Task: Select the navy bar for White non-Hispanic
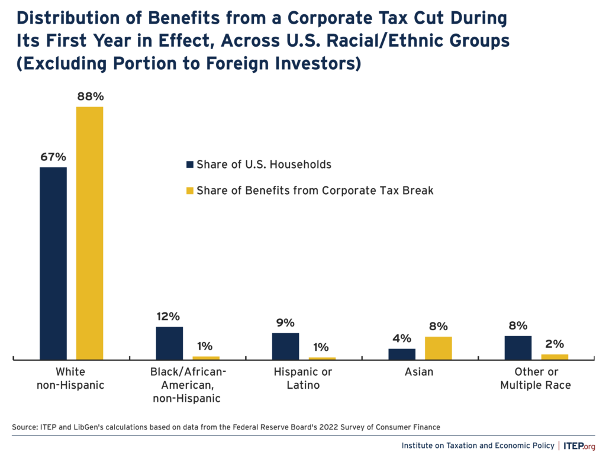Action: pos(53,263)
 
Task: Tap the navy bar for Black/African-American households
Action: pos(169,343)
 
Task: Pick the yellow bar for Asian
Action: pos(438,348)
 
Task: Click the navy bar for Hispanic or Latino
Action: pos(285,346)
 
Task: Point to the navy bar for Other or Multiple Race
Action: pos(518,347)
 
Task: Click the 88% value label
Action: pos(89,96)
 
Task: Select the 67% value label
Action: pos(53,157)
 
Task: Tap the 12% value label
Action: pos(169,317)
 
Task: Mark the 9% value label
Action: pos(285,322)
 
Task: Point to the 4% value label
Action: pos(402,338)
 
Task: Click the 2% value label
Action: pos(555,344)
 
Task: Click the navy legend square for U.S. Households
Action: pos(189,164)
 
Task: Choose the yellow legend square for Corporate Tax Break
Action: pos(189,191)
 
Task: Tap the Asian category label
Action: pos(420,372)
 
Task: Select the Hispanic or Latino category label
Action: pos(303,379)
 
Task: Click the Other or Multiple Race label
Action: pos(536,379)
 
